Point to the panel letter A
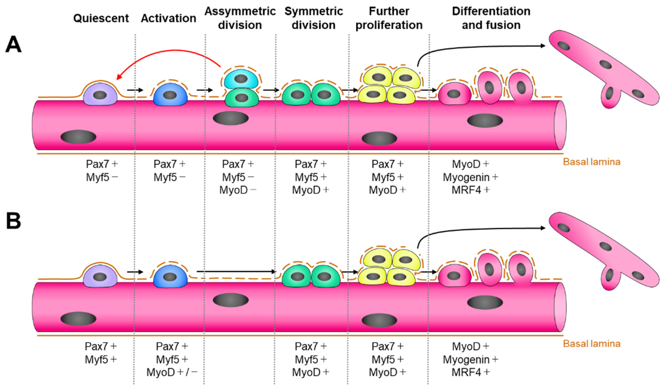click(x=13, y=45)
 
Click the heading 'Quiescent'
click(x=101, y=19)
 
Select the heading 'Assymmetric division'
click(x=240, y=18)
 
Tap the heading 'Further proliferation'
click(x=389, y=18)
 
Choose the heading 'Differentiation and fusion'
click(x=491, y=18)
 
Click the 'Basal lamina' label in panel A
click(x=591, y=162)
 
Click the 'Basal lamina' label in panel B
click(x=591, y=344)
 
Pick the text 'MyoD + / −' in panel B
click(x=172, y=372)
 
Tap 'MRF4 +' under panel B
click(x=470, y=372)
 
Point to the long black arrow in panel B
click(x=235, y=271)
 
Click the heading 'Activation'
click(x=168, y=19)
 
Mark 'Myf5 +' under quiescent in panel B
click(x=101, y=359)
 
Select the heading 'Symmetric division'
click(x=313, y=18)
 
